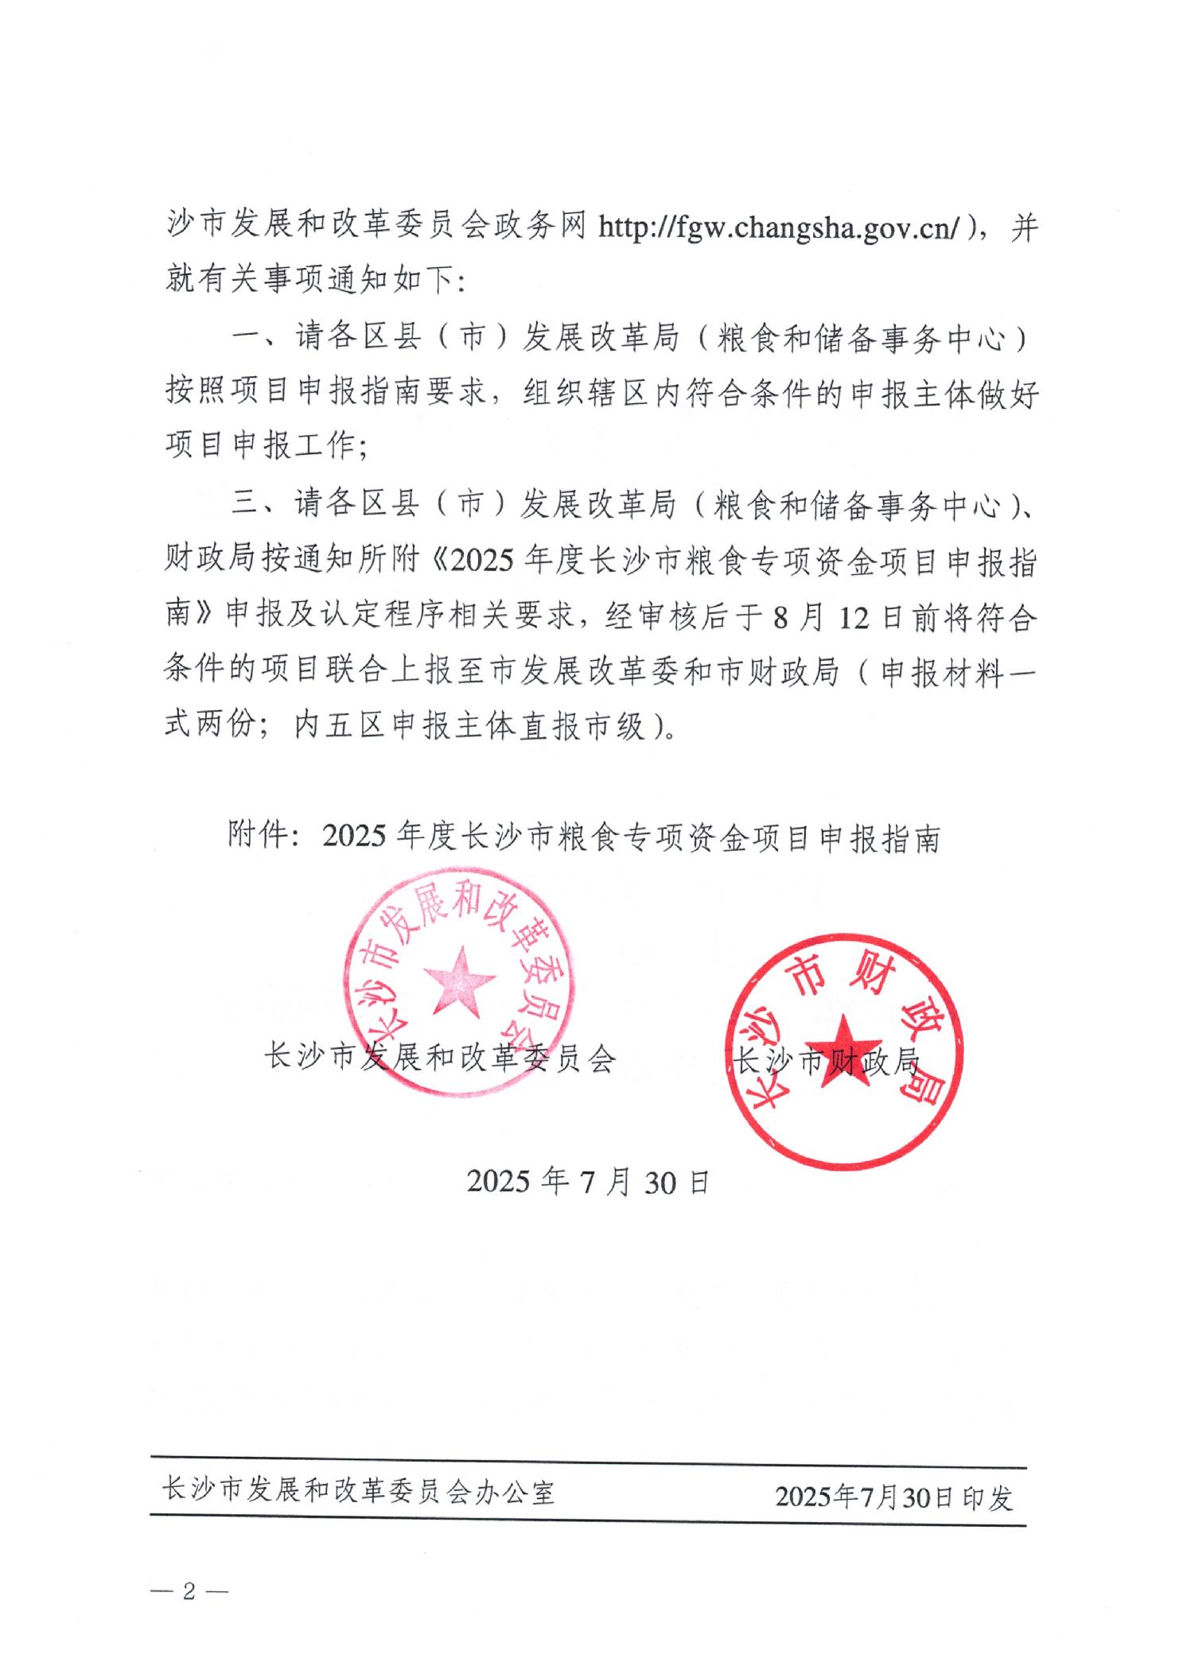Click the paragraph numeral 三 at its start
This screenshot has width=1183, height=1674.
pyautogui.click(x=246, y=504)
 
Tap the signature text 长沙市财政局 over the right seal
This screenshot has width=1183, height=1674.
pyautogui.click(x=827, y=1061)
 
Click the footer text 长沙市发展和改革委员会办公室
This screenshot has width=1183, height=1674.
pyautogui.click(x=357, y=1492)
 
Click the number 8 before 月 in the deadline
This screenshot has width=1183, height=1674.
pyautogui.click(x=782, y=618)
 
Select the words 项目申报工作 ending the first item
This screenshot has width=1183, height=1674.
pyautogui.click(x=259, y=449)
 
